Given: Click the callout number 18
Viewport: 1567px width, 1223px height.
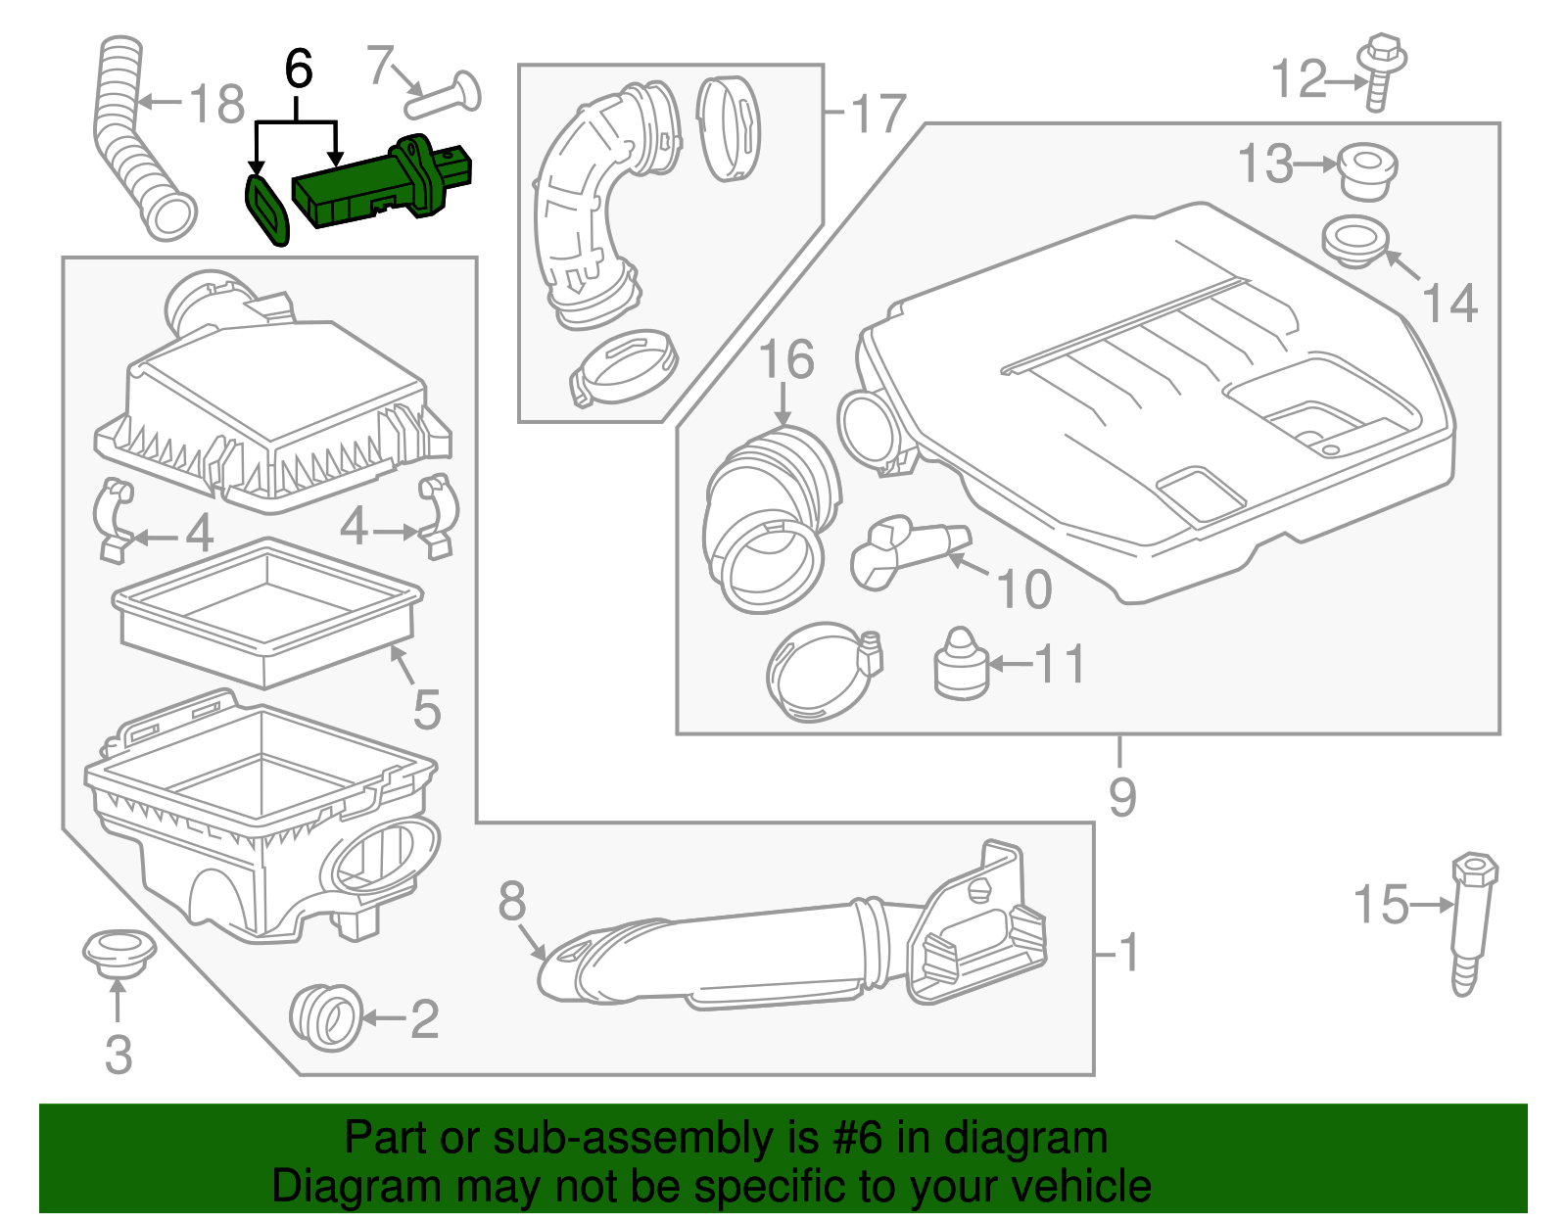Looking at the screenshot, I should (x=215, y=104).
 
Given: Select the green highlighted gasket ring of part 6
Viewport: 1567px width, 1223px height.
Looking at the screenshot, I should (x=265, y=209).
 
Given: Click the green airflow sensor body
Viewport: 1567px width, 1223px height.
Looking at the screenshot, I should (x=382, y=186).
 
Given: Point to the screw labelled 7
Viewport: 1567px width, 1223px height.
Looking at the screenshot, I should (x=446, y=95).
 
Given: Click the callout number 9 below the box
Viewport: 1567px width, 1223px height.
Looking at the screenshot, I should (x=1121, y=797).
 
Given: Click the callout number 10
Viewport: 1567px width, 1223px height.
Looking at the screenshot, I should (x=1023, y=588).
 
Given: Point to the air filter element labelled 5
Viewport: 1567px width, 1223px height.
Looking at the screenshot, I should (x=266, y=612).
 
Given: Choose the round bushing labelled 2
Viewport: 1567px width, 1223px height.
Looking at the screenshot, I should (x=326, y=1017).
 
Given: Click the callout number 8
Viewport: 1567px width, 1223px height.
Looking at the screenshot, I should (x=511, y=901).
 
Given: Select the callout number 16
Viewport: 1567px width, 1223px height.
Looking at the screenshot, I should (x=785, y=359).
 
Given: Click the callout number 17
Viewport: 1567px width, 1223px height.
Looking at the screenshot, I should (x=878, y=115).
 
